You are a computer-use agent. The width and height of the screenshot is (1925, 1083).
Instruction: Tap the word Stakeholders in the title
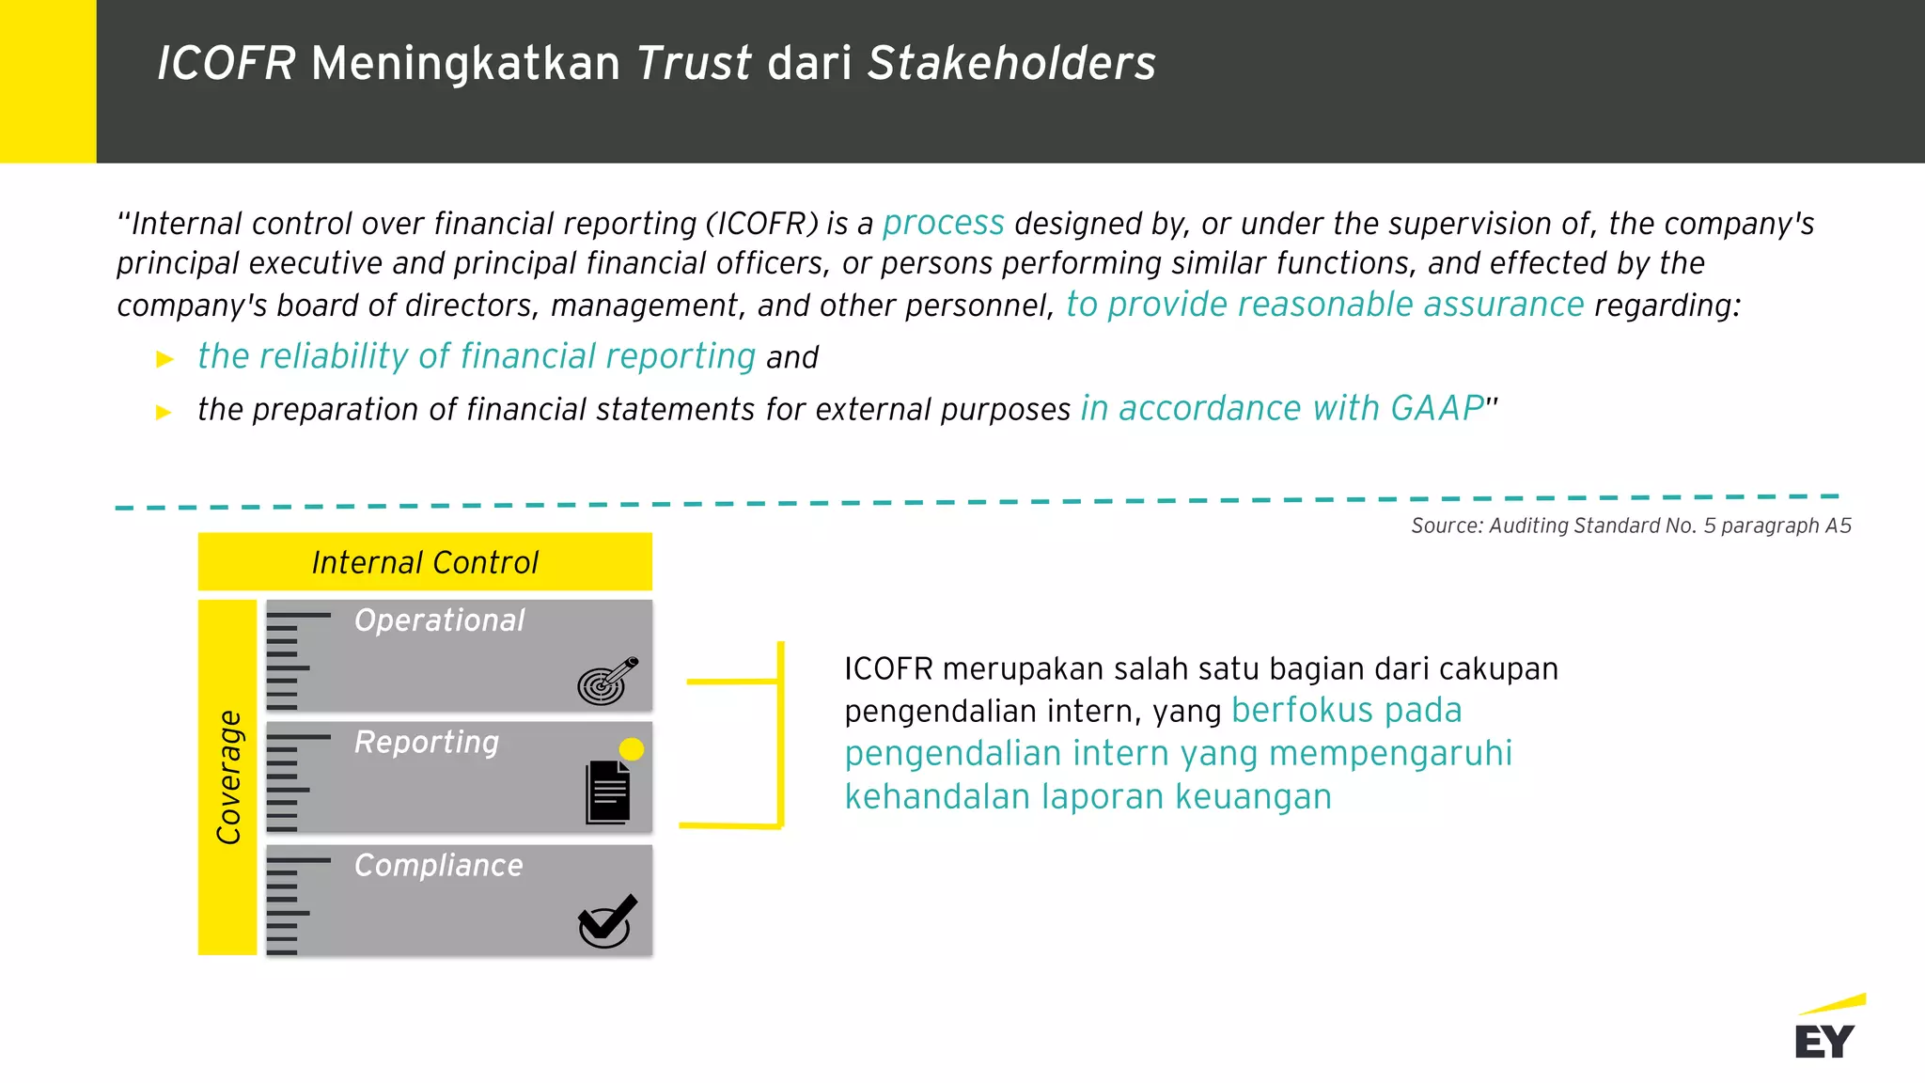coord(1011,64)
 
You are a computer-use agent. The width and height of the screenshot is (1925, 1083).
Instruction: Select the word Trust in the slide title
coord(694,64)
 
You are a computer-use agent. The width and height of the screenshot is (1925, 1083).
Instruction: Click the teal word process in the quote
coord(943,223)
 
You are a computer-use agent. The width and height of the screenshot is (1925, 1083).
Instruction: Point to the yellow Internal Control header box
coord(425,562)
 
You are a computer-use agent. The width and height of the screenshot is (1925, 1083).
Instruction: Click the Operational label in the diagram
coord(439,620)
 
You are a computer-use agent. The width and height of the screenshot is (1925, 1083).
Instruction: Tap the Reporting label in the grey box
coord(427,743)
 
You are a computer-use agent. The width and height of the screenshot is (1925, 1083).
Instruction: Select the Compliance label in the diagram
coord(438,865)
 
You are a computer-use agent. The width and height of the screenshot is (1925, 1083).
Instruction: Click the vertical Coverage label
coord(228,777)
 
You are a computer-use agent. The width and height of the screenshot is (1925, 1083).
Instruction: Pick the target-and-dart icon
coord(607,681)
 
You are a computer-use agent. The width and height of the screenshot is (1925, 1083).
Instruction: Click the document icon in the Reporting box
coord(608,793)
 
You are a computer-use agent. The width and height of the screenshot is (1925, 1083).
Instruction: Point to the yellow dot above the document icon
coord(632,749)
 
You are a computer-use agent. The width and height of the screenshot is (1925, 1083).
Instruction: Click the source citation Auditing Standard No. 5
coord(1631,526)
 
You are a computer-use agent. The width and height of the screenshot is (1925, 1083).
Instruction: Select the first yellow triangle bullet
coord(165,359)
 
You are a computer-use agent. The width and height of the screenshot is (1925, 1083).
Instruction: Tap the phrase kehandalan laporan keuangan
coord(1088,796)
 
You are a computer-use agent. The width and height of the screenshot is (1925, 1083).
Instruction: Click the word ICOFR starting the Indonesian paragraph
coord(888,668)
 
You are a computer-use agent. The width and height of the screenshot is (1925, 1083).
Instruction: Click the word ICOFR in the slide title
coord(227,64)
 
